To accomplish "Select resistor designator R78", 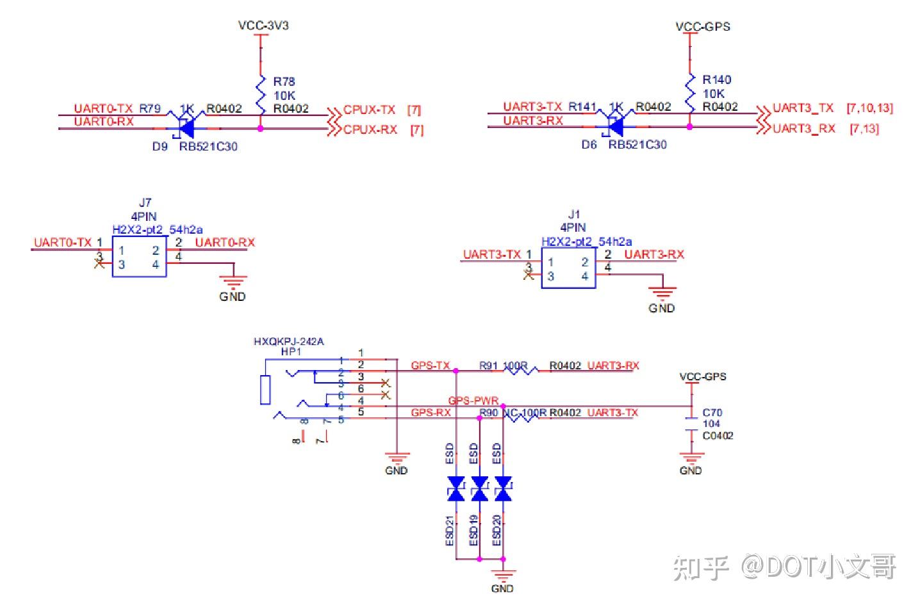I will pyautogui.click(x=284, y=81).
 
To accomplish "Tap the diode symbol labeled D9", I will pyautogui.click(x=185, y=128).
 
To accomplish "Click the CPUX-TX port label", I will pyautogui.click(x=369, y=110).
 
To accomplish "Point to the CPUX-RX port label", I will pyautogui.click(x=370, y=129).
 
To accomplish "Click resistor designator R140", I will pyautogui.click(x=716, y=80).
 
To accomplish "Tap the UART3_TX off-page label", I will pyautogui.click(x=803, y=108).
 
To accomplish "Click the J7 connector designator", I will pyautogui.click(x=145, y=203).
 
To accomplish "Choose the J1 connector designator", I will pyautogui.click(x=573, y=214).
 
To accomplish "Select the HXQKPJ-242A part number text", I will pyautogui.click(x=288, y=341).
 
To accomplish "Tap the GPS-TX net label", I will pyautogui.click(x=430, y=366).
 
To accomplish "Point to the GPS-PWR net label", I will pyautogui.click(x=473, y=401).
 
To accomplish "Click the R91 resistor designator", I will pyautogui.click(x=488, y=366).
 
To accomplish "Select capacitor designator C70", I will pyautogui.click(x=712, y=413).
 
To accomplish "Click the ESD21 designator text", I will pyautogui.click(x=450, y=531).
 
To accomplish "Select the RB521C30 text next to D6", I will pyautogui.click(x=637, y=145).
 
